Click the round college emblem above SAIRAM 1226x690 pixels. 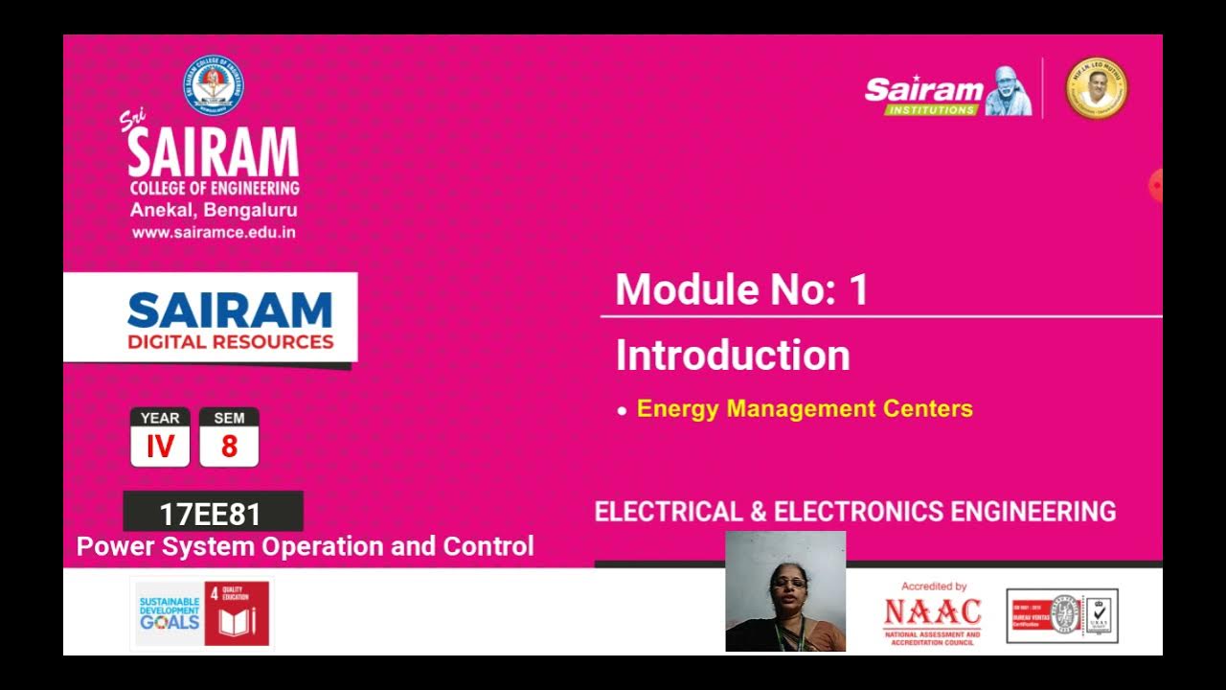coord(213,86)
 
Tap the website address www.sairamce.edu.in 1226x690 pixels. coord(214,233)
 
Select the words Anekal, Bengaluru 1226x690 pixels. coord(214,211)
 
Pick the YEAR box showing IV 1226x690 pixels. coord(160,437)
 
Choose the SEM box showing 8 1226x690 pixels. coord(229,437)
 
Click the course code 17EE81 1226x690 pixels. coord(211,515)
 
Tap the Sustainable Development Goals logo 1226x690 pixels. coord(169,614)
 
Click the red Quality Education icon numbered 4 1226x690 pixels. coord(237,614)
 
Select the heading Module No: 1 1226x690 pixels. coord(741,289)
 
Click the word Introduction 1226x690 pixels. coord(733,356)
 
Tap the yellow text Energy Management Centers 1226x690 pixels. coord(805,409)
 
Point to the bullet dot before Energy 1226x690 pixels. coord(623,411)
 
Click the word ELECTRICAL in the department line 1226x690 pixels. coord(669,512)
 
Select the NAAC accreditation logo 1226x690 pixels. coord(932,614)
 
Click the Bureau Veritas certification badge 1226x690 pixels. coord(1061,615)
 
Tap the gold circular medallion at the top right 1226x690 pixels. coord(1097,88)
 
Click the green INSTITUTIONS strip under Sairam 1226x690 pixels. coord(930,110)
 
